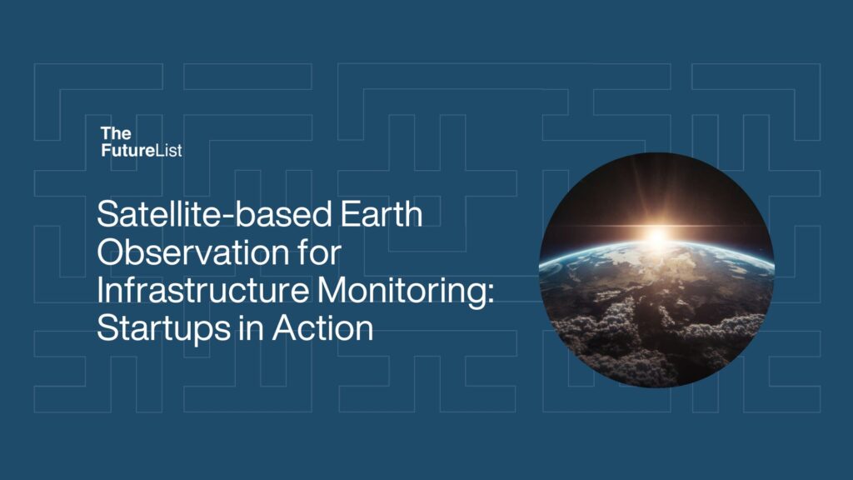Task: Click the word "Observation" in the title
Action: [x=183, y=252]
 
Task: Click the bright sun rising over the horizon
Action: [x=656, y=237]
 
